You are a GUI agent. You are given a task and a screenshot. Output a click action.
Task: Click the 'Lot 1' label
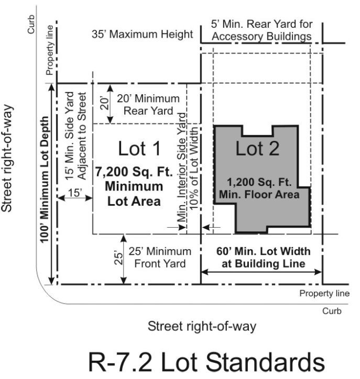click(x=139, y=149)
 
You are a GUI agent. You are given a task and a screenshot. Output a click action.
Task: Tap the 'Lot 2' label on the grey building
click(x=257, y=149)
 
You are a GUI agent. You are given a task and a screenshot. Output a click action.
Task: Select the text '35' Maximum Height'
click(x=142, y=34)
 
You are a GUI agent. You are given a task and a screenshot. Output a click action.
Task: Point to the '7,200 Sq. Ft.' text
click(x=134, y=172)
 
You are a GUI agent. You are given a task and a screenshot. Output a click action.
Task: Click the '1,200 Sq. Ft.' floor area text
click(x=259, y=182)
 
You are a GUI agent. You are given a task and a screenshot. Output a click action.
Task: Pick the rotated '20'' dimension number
click(x=105, y=104)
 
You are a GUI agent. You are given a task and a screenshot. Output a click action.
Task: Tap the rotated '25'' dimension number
click(x=118, y=258)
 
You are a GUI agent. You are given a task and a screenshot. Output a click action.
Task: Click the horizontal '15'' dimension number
click(x=75, y=193)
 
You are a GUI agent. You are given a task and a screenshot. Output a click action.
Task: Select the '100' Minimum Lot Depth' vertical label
click(x=44, y=180)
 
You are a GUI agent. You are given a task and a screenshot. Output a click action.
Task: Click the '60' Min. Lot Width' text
click(x=264, y=251)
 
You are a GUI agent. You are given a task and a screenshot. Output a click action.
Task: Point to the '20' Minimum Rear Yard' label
click(x=148, y=105)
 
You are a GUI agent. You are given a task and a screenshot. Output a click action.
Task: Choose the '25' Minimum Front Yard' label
click(x=160, y=258)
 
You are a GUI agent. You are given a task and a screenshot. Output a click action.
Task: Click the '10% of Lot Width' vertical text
click(x=194, y=169)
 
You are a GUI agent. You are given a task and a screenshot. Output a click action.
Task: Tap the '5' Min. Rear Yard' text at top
click(x=262, y=24)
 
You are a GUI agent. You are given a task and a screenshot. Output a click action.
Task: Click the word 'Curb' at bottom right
click(x=332, y=311)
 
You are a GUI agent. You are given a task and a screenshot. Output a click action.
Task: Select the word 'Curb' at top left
click(x=31, y=24)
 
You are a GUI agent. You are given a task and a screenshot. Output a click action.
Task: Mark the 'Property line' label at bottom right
click(x=324, y=294)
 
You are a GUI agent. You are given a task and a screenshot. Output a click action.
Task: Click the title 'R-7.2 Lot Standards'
click(x=206, y=362)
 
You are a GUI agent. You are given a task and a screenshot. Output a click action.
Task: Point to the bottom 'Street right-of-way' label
click(x=202, y=326)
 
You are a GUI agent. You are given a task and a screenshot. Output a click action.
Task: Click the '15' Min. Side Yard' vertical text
click(x=70, y=136)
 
